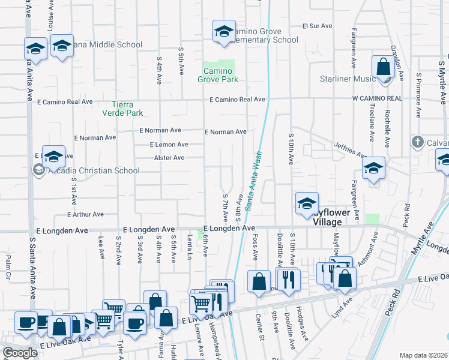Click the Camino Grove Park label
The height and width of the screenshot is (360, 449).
(218, 75)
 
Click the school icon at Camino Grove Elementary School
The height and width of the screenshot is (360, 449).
(223, 32)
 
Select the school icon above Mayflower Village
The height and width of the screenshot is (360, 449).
(307, 203)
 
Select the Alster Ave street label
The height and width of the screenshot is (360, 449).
(169, 158)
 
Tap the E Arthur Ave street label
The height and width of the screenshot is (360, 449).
(86, 214)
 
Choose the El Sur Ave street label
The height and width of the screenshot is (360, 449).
(317, 26)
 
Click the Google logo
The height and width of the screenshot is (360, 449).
(20, 353)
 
